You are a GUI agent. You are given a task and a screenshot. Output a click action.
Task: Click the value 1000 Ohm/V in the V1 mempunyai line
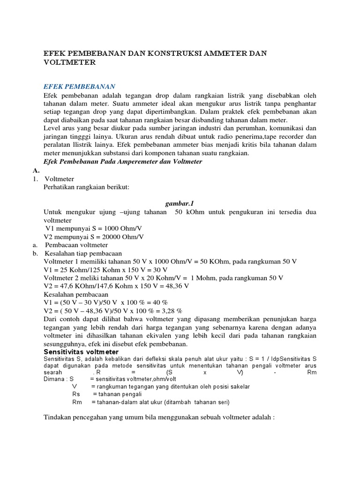coord(120,228)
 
